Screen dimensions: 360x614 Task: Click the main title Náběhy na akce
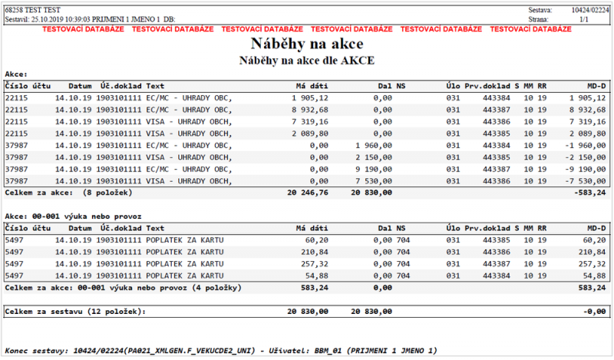306,44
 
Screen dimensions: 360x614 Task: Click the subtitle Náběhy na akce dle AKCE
306,60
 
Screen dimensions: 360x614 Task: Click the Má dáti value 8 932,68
310,110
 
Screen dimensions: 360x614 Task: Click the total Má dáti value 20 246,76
308,192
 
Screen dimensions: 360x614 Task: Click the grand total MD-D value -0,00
595,311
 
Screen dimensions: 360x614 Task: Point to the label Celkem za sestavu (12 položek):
74,311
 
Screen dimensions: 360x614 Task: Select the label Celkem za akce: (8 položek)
68,192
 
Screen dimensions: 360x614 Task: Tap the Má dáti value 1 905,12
310,97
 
